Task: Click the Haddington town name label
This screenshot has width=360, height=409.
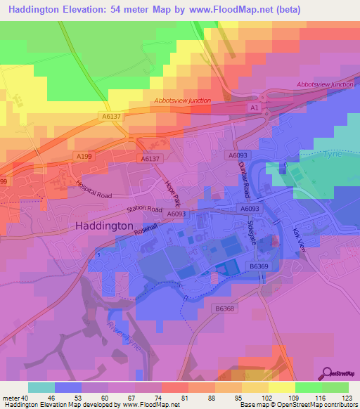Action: (x=103, y=226)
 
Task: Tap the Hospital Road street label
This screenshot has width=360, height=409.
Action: (x=94, y=190)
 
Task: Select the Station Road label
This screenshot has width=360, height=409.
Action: (x=144, y=209)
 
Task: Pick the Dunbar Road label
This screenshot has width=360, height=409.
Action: (x=244, y=179)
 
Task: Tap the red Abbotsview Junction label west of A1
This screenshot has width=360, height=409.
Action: (x=182, y=100)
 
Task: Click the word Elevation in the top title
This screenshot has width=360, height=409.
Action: (x=83, y=10)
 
